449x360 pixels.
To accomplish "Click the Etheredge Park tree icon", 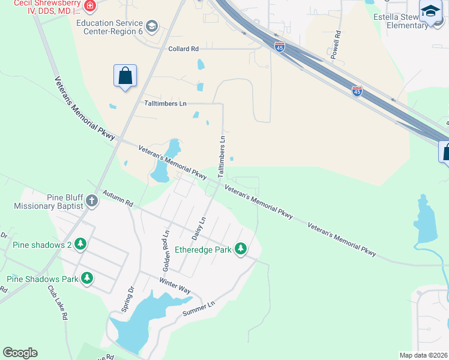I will point(241,248).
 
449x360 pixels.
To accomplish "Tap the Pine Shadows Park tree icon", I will point(88,278).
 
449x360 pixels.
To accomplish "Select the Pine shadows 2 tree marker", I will point(80,244).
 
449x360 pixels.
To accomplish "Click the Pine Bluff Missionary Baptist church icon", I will point(91,201).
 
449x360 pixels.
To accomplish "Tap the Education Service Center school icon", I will point(151,26).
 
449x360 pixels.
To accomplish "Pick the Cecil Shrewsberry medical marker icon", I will point(89,7).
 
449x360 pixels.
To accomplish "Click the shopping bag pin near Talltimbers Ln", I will point(125,77).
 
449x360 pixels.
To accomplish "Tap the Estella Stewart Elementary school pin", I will point(430,13).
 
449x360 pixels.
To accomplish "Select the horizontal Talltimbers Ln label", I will point(165,103).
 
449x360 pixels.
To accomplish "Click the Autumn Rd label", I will point(117,199).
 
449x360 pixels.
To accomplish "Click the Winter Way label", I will point(175,286).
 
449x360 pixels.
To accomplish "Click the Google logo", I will point(20,353).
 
